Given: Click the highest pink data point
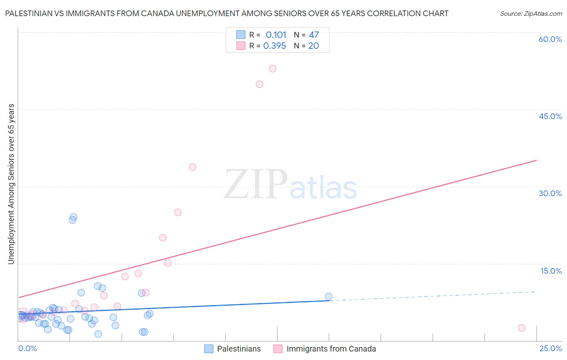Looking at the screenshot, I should [x=273, y=69].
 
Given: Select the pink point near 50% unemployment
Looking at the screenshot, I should [x=260, y=84].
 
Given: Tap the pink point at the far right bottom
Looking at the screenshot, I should [x=521, y=328].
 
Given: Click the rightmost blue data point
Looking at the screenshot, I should [x=329, y=297].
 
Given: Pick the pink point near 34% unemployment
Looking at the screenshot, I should [x=192, y=167].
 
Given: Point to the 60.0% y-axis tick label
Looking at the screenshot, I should [x=550, y=39].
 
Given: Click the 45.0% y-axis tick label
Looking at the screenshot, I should [x=550, y=116].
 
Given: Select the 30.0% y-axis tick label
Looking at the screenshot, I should [x=550, y=193].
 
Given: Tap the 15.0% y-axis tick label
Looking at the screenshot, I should [x=551, y=271].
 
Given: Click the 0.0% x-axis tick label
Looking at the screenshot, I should [x=27, y=348].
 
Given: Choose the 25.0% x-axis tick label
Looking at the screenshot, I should [x=550, y=348].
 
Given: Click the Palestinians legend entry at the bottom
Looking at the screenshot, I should [x=239, y=349].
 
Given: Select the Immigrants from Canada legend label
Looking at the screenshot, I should [x=331, y=349].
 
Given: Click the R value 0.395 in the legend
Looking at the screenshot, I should [x=275, y=46].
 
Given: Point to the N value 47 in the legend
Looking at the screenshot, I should [x=314, y=35].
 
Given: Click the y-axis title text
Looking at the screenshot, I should [x=11, y=184].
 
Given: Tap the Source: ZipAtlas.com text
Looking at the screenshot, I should [x=531, y=14].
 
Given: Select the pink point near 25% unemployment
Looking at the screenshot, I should [x=178, y=212].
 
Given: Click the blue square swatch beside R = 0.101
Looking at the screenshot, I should [x=241, y=35].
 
